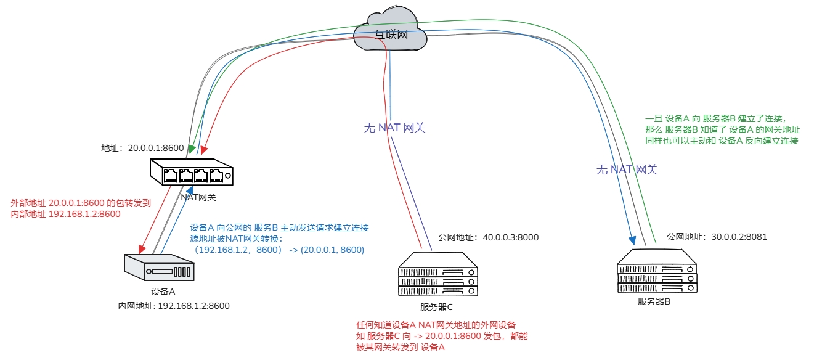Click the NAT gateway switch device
(192, 173)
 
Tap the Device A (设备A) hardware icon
(160, 269)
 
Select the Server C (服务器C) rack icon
(437, 274)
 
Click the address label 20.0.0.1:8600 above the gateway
(142, 148)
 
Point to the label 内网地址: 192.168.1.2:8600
(174, 306)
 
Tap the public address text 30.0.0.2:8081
(717, 237)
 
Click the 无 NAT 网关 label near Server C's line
(394, 128)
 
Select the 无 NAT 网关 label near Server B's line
(627, 170)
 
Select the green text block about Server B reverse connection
(722, 129)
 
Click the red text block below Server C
(442, 336)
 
